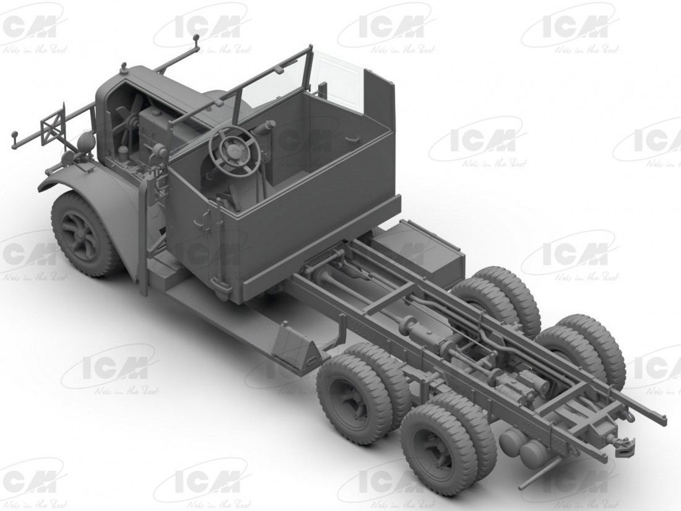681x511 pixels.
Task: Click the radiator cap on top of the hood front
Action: point(123,66)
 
